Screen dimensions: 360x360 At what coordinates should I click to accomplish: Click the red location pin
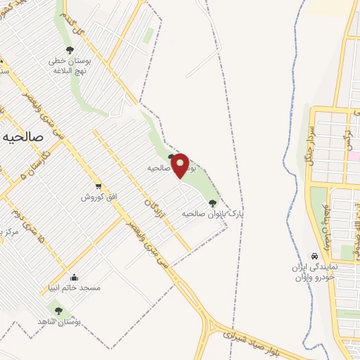pos(181,165)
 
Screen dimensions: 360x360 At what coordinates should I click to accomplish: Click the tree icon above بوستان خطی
pos(69,49)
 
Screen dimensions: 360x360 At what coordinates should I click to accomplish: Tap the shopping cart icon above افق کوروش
pos(100,185)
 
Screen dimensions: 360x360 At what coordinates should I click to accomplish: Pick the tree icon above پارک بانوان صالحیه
pos(213,202)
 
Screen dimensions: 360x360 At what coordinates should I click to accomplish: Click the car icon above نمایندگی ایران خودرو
pos(314,256)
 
